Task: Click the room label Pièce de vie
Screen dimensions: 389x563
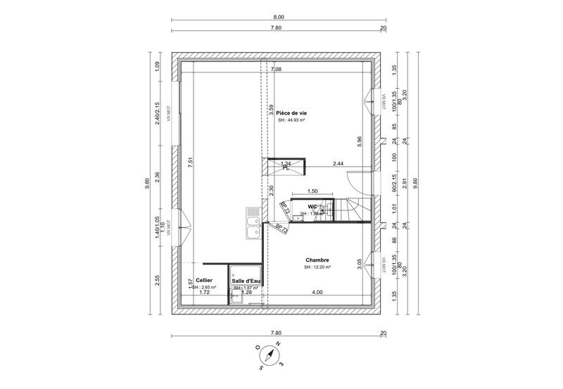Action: (291, 113)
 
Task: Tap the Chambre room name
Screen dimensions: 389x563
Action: (318, 260)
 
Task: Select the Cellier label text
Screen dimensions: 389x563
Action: (204, 280)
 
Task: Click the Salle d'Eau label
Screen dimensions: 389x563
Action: (246, 281)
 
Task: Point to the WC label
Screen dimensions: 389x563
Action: (312, 207)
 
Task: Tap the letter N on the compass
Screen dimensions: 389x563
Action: (279, 344)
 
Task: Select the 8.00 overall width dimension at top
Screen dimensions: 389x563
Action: (279, 17)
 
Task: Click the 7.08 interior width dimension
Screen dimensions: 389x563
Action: (276, 70)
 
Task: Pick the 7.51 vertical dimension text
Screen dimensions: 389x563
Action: (190, 161)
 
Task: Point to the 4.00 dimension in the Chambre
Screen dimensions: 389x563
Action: (317, 292)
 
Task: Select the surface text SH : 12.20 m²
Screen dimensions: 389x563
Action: (318, 267)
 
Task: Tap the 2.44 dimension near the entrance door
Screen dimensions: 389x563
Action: (338, 163)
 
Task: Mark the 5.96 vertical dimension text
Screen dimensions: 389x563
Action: (360, 141)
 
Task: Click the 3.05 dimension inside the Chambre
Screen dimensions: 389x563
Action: (360, 263)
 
